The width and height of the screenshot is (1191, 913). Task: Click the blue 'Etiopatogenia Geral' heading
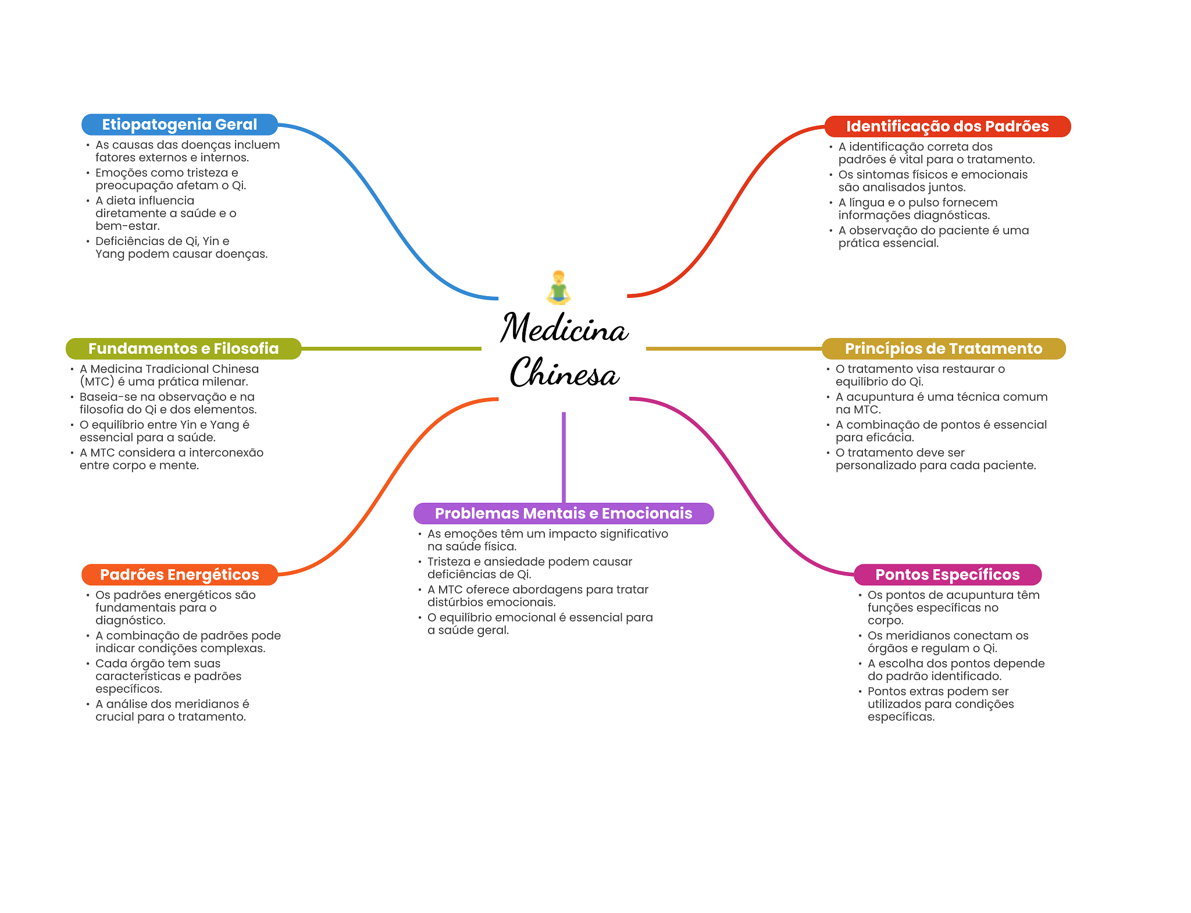coord(179,125)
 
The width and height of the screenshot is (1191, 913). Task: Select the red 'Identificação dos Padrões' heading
coord(947,126)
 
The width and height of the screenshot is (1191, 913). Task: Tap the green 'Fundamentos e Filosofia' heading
coord(183,349)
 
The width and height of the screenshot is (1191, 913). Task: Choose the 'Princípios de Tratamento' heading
coord(943,349)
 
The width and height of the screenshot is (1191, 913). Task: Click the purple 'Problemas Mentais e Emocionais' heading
coord(564,513)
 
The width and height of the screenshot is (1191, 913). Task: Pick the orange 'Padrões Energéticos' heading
coord(179,574)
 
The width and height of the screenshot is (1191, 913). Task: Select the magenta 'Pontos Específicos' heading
coord(947,574)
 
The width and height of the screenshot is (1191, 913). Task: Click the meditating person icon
coord(558,287)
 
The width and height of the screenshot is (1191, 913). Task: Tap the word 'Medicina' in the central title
coord(564,328)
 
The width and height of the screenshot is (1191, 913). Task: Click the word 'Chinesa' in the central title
coord(564,372)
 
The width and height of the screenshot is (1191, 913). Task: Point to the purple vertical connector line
coord(564,457)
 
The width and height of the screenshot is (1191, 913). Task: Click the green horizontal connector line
coord(391,349)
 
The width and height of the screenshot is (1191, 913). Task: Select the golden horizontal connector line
coord(734,349)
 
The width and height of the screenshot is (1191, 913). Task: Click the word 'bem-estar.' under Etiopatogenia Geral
coord(127,226)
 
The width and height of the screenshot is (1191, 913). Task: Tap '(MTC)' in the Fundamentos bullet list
coord(97,382)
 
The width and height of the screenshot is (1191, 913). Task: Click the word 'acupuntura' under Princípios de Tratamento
coord(880,397)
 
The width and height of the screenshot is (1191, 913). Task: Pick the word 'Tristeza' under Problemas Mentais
coord(449,562)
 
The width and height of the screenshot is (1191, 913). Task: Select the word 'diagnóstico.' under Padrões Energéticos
coord(130,621)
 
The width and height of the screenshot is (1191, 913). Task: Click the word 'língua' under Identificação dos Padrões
coord(866,203)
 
